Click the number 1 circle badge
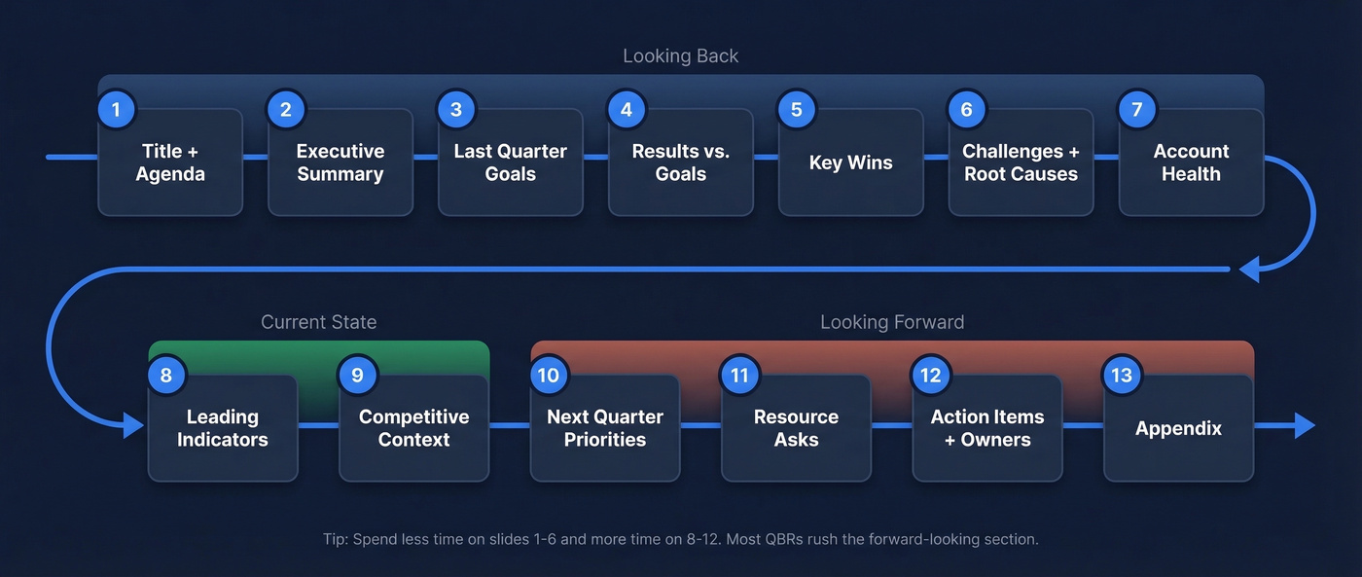116,109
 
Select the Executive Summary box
340,162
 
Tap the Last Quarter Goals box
510,162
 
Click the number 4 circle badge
627,109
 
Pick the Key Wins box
850,162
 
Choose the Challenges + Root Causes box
1021,162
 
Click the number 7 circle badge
1136,109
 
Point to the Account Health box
1191,162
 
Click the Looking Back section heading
680,56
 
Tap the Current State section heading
318,322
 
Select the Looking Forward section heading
892,322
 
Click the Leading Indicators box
223,428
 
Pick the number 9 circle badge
357,376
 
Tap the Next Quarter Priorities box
604,428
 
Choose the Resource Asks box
796,428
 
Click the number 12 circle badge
931,376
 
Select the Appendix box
1178,428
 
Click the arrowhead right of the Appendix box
1304,426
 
